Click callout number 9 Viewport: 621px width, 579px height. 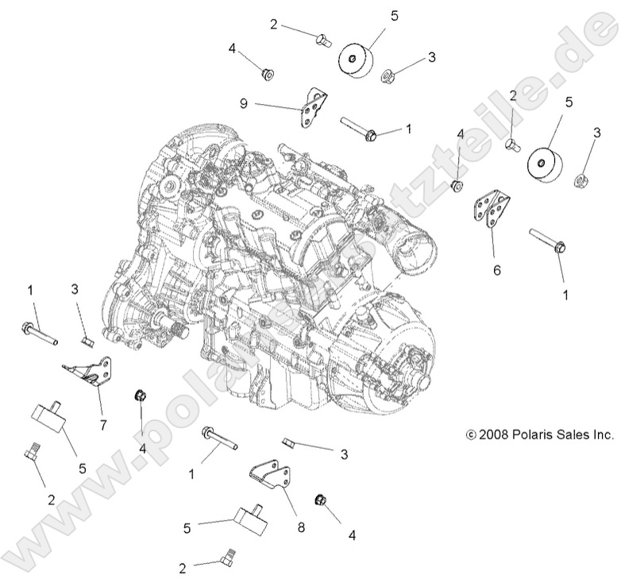tap(245, 102)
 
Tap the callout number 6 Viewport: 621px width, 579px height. tap(497, 270)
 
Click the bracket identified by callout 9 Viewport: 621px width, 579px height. tap(313, 109)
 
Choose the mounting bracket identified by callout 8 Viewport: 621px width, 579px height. tap(268, 479)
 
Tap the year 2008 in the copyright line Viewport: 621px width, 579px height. tap(492, 434)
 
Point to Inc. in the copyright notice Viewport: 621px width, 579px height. tap(603, 434)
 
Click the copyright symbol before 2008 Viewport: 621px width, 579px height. tap(470, 435)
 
